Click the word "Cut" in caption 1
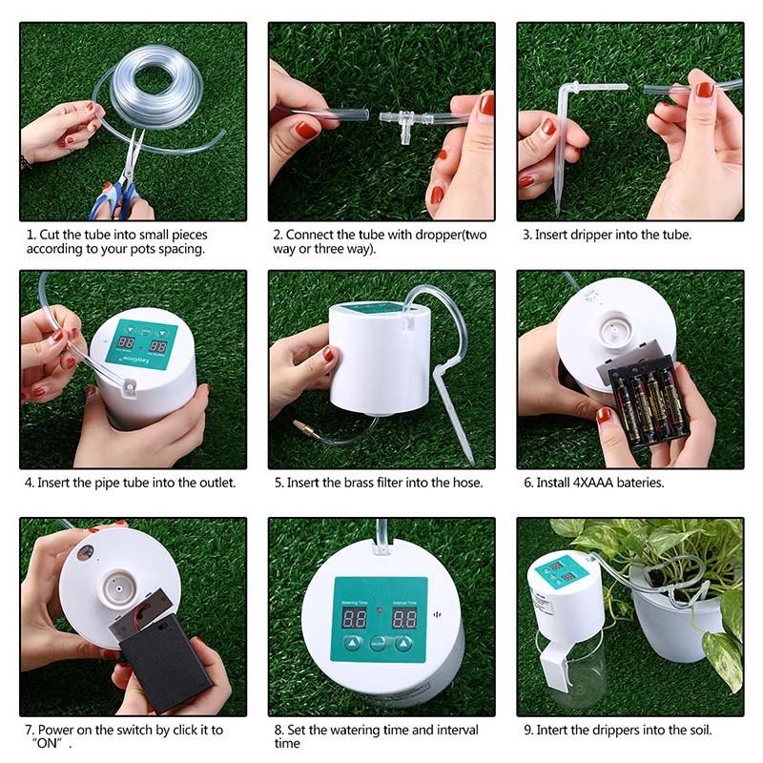pos(50,235)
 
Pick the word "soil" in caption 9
pos(698,731)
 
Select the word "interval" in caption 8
pos(458,731)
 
